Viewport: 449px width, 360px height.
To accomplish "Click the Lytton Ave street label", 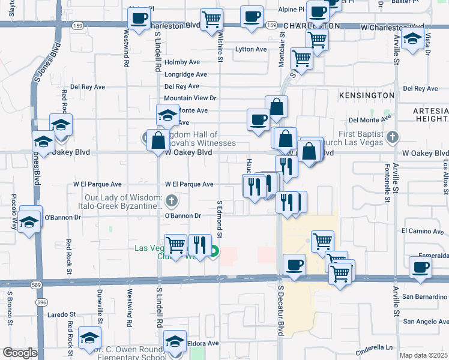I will [x=251, y=49].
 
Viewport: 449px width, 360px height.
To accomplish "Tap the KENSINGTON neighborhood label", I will [x=366, y=95].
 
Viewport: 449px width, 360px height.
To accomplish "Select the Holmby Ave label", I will [x=182, y=62].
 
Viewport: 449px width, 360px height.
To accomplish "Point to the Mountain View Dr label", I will [x=190, y=98].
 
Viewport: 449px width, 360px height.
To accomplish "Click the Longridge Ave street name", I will [x=185, y=74].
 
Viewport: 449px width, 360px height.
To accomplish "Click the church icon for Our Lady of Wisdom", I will [x=172, y=200].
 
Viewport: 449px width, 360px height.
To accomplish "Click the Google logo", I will [x=20, y=353].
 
